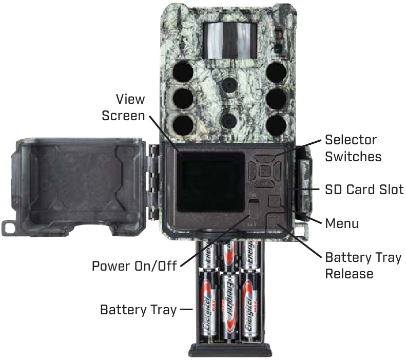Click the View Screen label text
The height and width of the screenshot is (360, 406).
tap(123, 107)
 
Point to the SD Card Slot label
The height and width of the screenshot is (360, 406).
tap(364, 190)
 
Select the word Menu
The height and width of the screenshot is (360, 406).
tap(342, 223)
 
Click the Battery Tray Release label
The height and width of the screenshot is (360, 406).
tap(363, 265)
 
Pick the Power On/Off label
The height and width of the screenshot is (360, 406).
tap(134, 266)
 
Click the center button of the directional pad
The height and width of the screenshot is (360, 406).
tap(265, 171)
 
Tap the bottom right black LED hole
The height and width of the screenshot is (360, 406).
tap(276, 123)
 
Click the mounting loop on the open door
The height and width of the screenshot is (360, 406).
tap(12, 226)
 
